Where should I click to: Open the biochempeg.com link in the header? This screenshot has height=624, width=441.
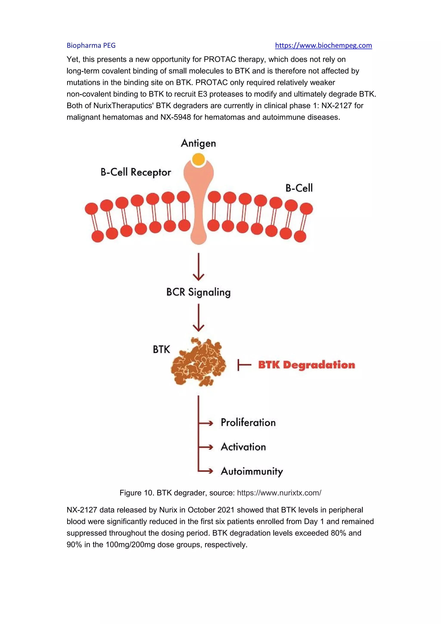tap(323, 45)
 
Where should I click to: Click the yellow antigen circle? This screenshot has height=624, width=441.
tap(198, 159)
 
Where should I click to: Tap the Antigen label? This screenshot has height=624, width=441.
tap(198, 144)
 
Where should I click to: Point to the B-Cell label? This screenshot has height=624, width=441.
tap(299, 188)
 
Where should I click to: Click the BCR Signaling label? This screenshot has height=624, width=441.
tap(198, 292)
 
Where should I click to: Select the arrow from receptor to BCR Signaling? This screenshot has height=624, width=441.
tap(199, 267)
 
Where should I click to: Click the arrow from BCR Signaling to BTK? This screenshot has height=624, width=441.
tap(199, 317)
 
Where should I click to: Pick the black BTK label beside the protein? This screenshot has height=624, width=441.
tap(161, 349)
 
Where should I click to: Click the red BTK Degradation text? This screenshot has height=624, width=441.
tap(306, 365)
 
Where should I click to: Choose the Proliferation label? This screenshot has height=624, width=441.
tap(248, 423)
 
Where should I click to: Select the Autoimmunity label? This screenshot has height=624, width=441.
tap(252, 471)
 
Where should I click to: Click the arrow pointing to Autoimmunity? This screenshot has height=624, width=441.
tap(206, 471)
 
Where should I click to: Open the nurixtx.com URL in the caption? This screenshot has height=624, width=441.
tap(279, 493)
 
